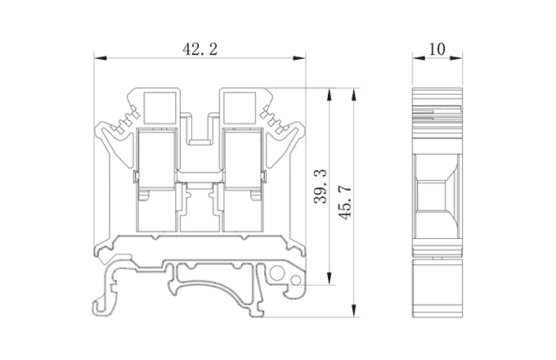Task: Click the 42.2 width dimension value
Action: [x=199, y=49]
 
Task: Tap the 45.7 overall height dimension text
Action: [x=344, y=200]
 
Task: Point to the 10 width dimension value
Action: [x=436, y=49]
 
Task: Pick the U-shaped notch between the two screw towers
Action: [x=199, y=131]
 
